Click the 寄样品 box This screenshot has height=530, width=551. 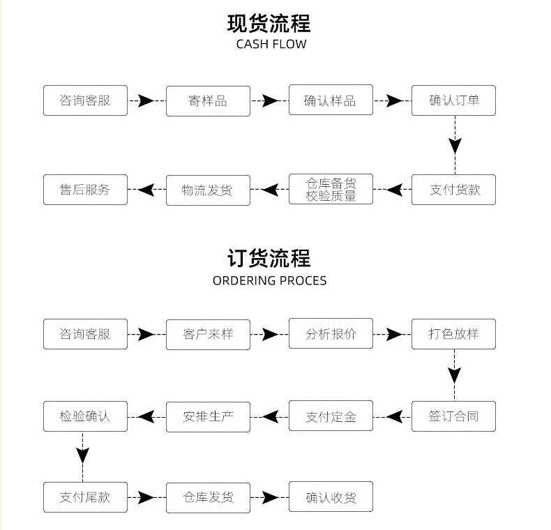(x=208, y=101)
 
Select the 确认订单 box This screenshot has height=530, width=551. (x=453, y=100)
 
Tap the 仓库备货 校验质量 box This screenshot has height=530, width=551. (x=331, y=189)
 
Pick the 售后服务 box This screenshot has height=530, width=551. (x=85, y=190)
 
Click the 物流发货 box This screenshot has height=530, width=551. (x=208, y=190)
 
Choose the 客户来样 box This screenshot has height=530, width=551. (x=208, y=335)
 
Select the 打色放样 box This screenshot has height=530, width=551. (x=453, y=334)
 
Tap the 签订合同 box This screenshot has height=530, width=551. (x=453, y=416)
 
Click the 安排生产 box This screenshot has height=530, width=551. (x=208, y=417)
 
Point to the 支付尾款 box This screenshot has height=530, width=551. (x=85, y=497)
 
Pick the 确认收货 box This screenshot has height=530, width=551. (x=331, y=497)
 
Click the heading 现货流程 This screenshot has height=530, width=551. (x=269, y=24)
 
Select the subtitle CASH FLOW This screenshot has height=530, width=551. (x=271, y=45)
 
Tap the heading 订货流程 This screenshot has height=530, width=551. (x=269, y=258)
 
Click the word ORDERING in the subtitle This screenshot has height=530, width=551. (x=244, y=281)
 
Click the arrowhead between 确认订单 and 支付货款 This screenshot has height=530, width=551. (x=455, y=145)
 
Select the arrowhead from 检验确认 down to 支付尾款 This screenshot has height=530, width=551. (x=82, y=455)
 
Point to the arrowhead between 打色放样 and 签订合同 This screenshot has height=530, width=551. (x=454, y=375)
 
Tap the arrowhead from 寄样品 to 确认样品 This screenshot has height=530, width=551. (x=270, y=101)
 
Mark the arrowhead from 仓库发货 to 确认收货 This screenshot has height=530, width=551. (x=271, y=497)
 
